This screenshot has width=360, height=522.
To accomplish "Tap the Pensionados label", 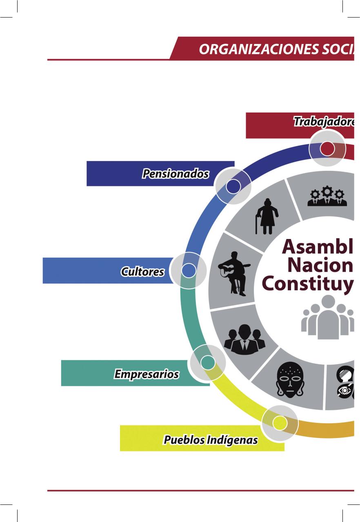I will (x=176, y=174).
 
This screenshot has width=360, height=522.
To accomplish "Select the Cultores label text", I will (x=142, y=272).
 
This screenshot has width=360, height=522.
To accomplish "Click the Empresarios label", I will (x=146, y=374).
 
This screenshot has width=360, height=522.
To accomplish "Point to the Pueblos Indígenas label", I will (x=211, y=440).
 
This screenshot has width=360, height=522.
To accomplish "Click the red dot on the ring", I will (x=327, y=148).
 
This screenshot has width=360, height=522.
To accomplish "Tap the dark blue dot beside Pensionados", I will (x=233, y=186).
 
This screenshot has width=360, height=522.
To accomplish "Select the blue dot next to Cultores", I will (x=188, y=270).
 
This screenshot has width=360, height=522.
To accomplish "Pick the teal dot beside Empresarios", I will (x=208, y=362).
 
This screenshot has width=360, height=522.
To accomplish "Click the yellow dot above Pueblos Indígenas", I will (x=280, y=423).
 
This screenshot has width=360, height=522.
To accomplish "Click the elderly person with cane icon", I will (x=267, y=217).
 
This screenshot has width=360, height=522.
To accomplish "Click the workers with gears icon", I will (x=327, y=196).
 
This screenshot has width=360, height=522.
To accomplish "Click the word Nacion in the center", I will (x=320, y=265).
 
